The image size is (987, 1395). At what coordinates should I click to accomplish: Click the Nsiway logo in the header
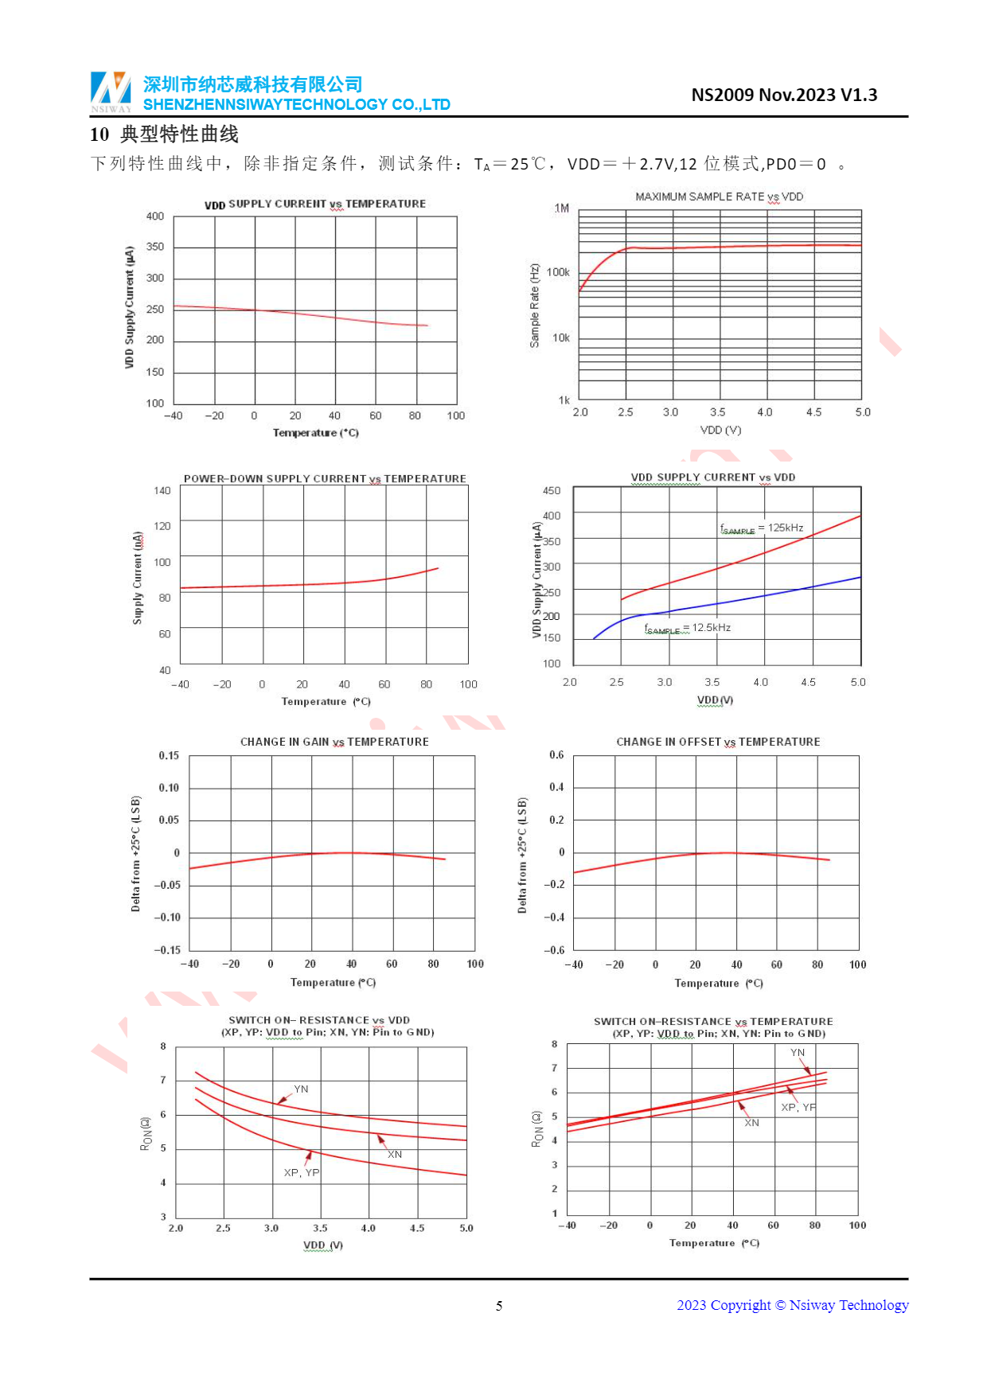point(111,92)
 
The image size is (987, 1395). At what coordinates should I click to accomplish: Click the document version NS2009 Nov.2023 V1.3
point(783,95)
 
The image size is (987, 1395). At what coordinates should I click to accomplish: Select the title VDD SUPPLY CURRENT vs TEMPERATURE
point(315,205)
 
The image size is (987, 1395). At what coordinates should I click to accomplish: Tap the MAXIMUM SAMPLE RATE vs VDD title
point(719,197)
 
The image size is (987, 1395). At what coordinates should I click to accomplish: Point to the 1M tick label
point(561,208)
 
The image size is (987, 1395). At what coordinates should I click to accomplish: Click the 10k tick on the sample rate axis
point(560,338)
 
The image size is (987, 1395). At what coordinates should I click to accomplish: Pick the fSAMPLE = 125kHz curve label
point(761,528)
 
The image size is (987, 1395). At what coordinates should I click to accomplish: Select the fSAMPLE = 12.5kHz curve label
point(687,629)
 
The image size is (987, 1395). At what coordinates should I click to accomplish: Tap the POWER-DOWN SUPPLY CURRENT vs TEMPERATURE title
point(325,479)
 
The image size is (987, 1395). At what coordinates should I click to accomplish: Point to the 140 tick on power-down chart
point(162,491)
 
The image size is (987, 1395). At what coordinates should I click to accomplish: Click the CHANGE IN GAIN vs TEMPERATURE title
point(334,742)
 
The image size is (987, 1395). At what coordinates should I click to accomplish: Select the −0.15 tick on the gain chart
point(167,950)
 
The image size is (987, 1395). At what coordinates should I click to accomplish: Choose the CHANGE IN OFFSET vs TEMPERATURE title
point(718,742)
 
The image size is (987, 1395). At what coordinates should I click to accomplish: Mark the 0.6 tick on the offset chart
point(556,755)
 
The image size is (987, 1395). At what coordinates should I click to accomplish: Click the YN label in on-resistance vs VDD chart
point(301,1089)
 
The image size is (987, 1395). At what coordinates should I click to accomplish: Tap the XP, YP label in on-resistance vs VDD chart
point(302,1173)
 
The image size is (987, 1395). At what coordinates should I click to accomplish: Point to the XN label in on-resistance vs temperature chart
point(751,1123)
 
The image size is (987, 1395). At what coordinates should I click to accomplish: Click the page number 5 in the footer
point(499,1306)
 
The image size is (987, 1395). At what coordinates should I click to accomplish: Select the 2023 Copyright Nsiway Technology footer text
point(792,1305)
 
